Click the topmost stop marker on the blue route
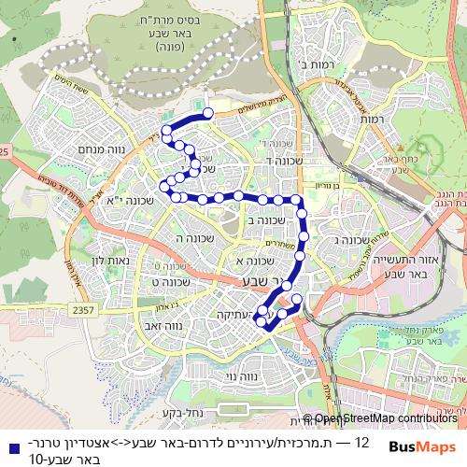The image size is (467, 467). tap(208, 113)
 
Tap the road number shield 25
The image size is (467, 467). tap(5, 150)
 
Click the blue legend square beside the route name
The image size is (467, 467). tap(10, 446)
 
